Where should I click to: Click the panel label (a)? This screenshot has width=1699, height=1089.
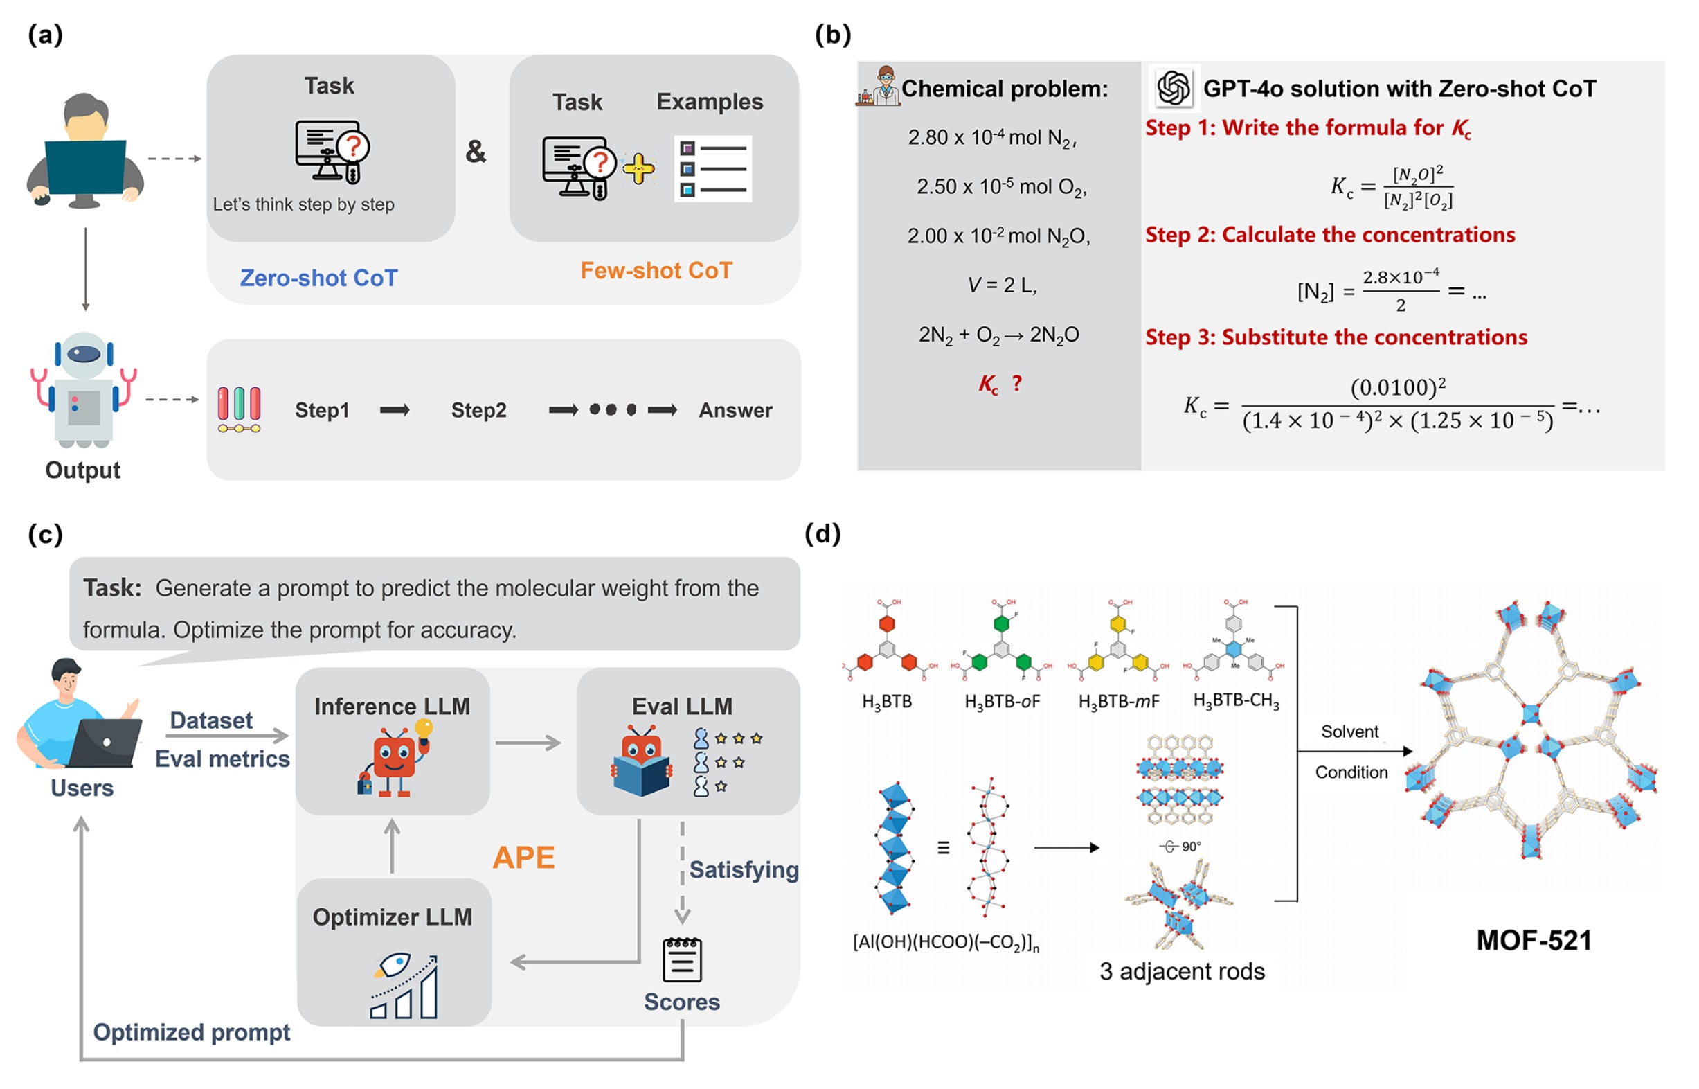pos(45,35)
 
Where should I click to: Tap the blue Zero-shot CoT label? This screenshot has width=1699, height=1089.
pos(318,278)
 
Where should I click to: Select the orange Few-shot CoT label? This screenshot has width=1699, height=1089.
pos(656,270)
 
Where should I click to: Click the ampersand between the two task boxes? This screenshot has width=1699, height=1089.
pos(476,151)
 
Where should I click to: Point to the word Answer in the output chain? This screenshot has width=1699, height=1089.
pos(735,410)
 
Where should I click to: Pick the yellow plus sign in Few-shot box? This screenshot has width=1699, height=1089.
pos(638,168)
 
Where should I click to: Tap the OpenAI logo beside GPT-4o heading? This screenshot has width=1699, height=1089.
pos(1174,89)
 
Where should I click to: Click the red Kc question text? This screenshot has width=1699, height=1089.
pos(999,384)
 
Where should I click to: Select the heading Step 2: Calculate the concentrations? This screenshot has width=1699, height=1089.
pos(1330,235)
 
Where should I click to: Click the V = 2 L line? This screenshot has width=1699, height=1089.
pos(1001,285)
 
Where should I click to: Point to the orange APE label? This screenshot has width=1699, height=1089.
pos(523,858)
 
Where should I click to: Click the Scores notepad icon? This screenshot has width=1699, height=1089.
pos(682,959)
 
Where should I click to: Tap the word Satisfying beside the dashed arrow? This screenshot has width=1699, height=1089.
pos(744,869)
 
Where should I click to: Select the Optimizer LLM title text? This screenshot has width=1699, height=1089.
pos(393,917)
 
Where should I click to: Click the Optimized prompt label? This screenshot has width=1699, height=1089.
pos(192,1032)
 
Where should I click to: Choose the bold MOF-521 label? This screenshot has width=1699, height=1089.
pos(1534,941)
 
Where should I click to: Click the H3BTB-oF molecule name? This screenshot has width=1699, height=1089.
pos(1002,702)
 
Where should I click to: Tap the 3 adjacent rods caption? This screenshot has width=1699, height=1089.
pos(1182,972)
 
